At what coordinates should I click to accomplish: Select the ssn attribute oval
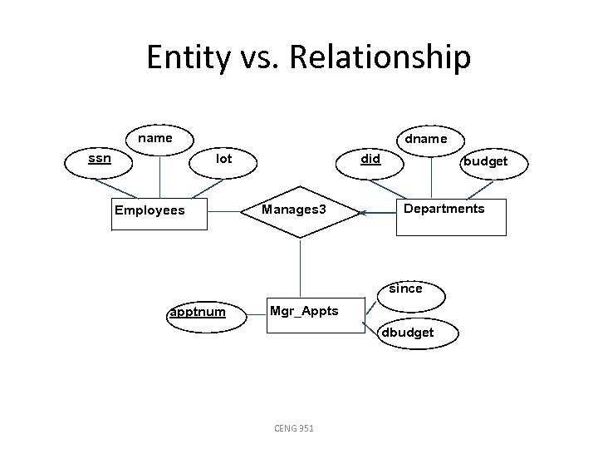point(100,157)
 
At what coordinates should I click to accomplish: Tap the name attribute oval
point(155,138)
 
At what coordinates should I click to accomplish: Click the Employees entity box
point(159,211)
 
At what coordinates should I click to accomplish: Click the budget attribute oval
point(485,161)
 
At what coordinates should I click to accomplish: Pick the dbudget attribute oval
point(407,333)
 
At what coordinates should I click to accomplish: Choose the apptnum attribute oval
point(197,313)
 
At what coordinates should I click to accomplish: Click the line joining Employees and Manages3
point(224,211)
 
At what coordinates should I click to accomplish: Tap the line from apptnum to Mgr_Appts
point(257,313)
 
